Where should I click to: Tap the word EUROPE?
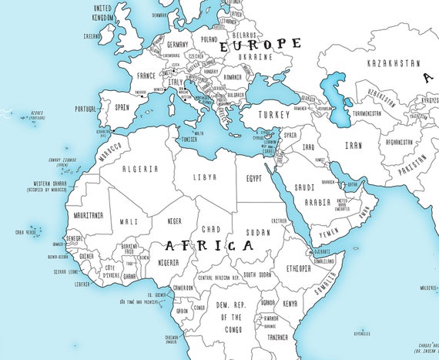point(261,44)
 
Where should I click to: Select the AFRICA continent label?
point(209,246)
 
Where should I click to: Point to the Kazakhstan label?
point(394,62)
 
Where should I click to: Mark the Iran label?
point(354,144)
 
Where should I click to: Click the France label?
point(146,76)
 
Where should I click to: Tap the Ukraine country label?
point(256,57)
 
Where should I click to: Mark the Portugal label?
point(85,109)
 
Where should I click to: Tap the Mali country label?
point(129,222)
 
